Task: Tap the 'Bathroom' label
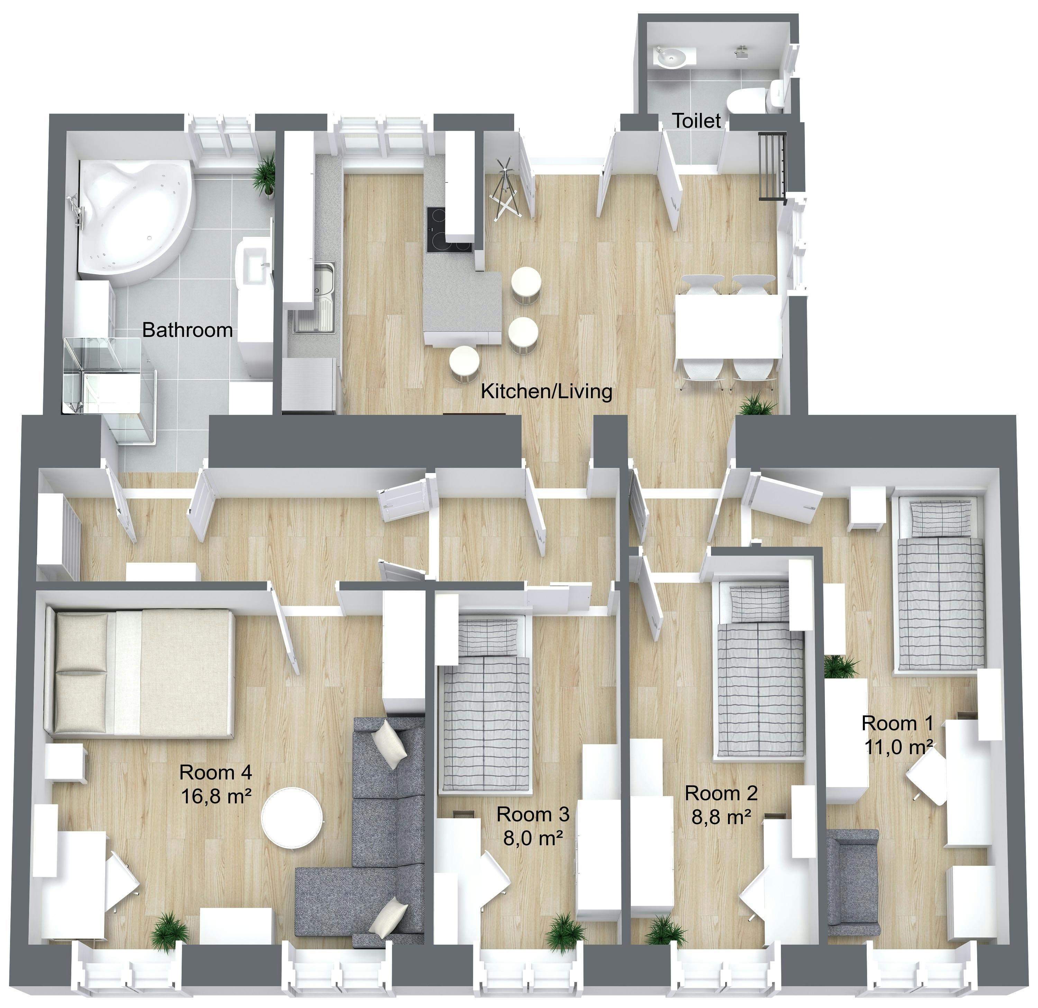click(188, 330)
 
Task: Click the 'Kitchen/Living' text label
click(547, 392)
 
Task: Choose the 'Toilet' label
click(697, 121)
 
